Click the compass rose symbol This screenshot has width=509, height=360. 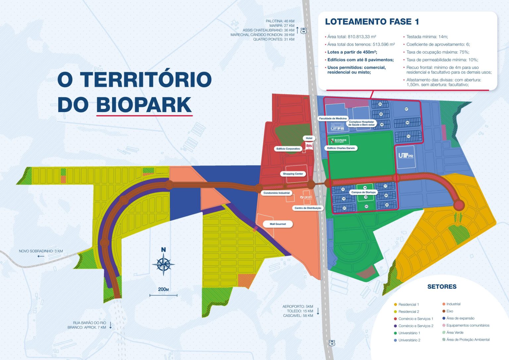coord(163,264)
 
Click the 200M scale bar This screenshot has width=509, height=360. coord(163,295)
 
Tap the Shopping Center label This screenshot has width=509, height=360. coord(293,174)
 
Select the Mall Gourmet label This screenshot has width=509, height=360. coord(278,224)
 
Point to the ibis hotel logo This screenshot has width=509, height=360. coord(309,146)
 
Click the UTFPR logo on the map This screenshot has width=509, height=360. coord(406,155)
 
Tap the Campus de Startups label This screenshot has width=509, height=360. coord(364,192)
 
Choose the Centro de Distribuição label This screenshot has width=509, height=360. coord(308,208)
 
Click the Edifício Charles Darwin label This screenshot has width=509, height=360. coord(341,148)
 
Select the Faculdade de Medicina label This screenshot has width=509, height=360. coord(333,118)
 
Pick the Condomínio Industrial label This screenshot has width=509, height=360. coord(276,193)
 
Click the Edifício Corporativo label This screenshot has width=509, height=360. coord(288,149)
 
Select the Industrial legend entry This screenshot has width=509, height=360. coord(453,304)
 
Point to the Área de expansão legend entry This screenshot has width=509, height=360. coord(460,318)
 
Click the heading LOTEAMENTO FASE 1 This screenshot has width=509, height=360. coord(372,22)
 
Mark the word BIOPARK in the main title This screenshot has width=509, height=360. coord(144,105)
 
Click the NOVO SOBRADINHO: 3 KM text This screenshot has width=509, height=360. coord(41,251)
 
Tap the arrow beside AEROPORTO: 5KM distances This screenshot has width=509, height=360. coord(318,311)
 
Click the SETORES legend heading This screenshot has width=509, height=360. coord(442,287)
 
